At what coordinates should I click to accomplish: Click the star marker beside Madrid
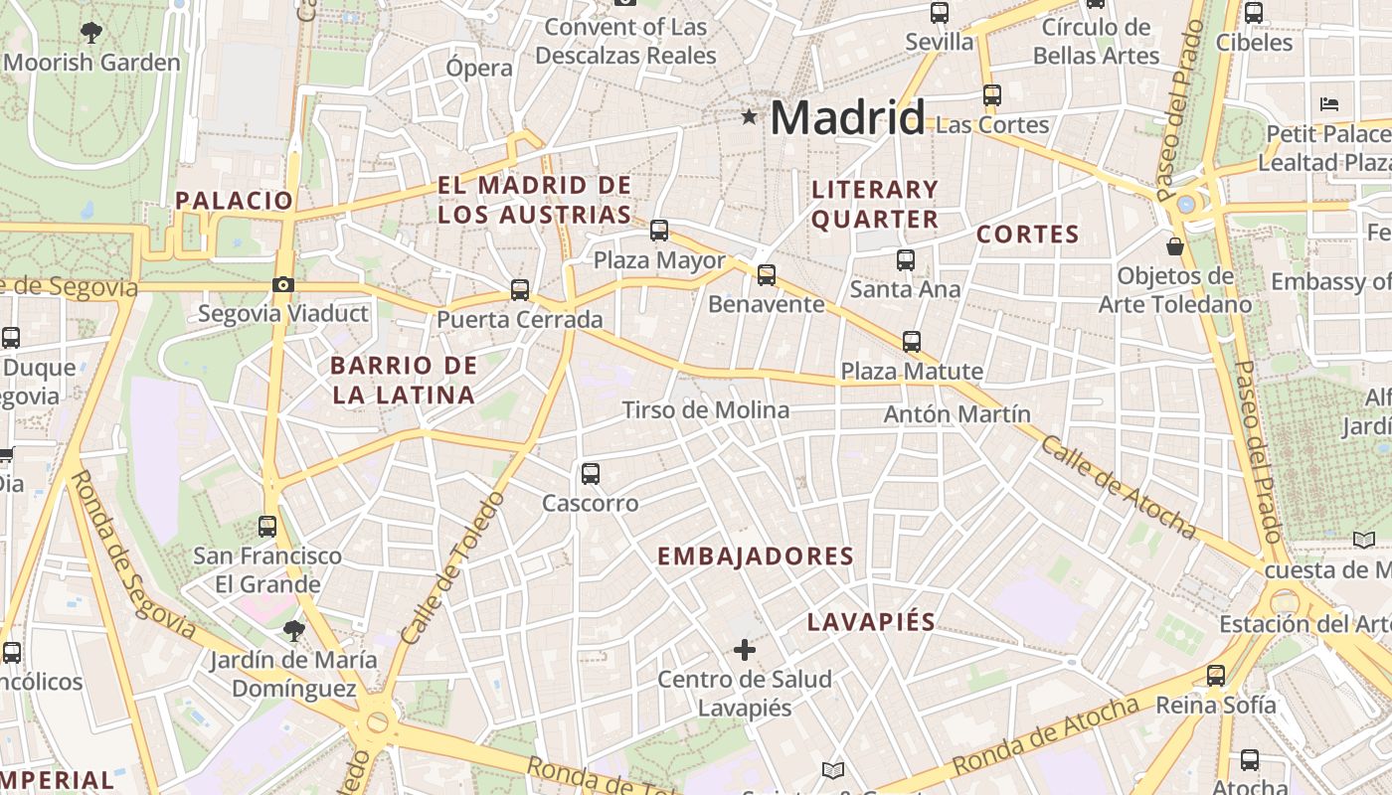(x=749, y=117)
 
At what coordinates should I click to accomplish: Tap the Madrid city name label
(x=847, y=118)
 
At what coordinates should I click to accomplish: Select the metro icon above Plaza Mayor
(x=658, y=231)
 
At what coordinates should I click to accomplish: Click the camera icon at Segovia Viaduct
(x=283, y=285)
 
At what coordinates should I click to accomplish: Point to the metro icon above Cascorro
(x=591, y=473)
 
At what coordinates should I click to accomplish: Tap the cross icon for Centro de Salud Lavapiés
(x=744, y=650)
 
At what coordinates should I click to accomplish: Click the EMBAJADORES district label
(x=756, y=556)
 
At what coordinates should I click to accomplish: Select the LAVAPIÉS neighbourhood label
(x=871, y=622)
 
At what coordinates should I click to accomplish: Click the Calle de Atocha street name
(x=1117, y=487)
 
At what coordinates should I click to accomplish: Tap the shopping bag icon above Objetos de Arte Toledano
(x=1175, y=245)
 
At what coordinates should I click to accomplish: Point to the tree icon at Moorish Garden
(x=91, y=32)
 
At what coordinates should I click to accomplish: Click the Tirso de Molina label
(x=705, y=409)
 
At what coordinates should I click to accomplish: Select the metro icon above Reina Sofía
(x=1215, y=676)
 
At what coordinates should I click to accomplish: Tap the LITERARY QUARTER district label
(x=875, y=204)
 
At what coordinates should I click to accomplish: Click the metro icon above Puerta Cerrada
(x=519, y=290)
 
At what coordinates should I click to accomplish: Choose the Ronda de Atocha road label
(x=1045, y=737)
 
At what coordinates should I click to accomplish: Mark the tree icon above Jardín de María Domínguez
(x=293, y=630)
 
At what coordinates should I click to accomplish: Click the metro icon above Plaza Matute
(x=911, y=342)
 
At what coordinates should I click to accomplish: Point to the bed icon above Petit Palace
(x=1329, y=103)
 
